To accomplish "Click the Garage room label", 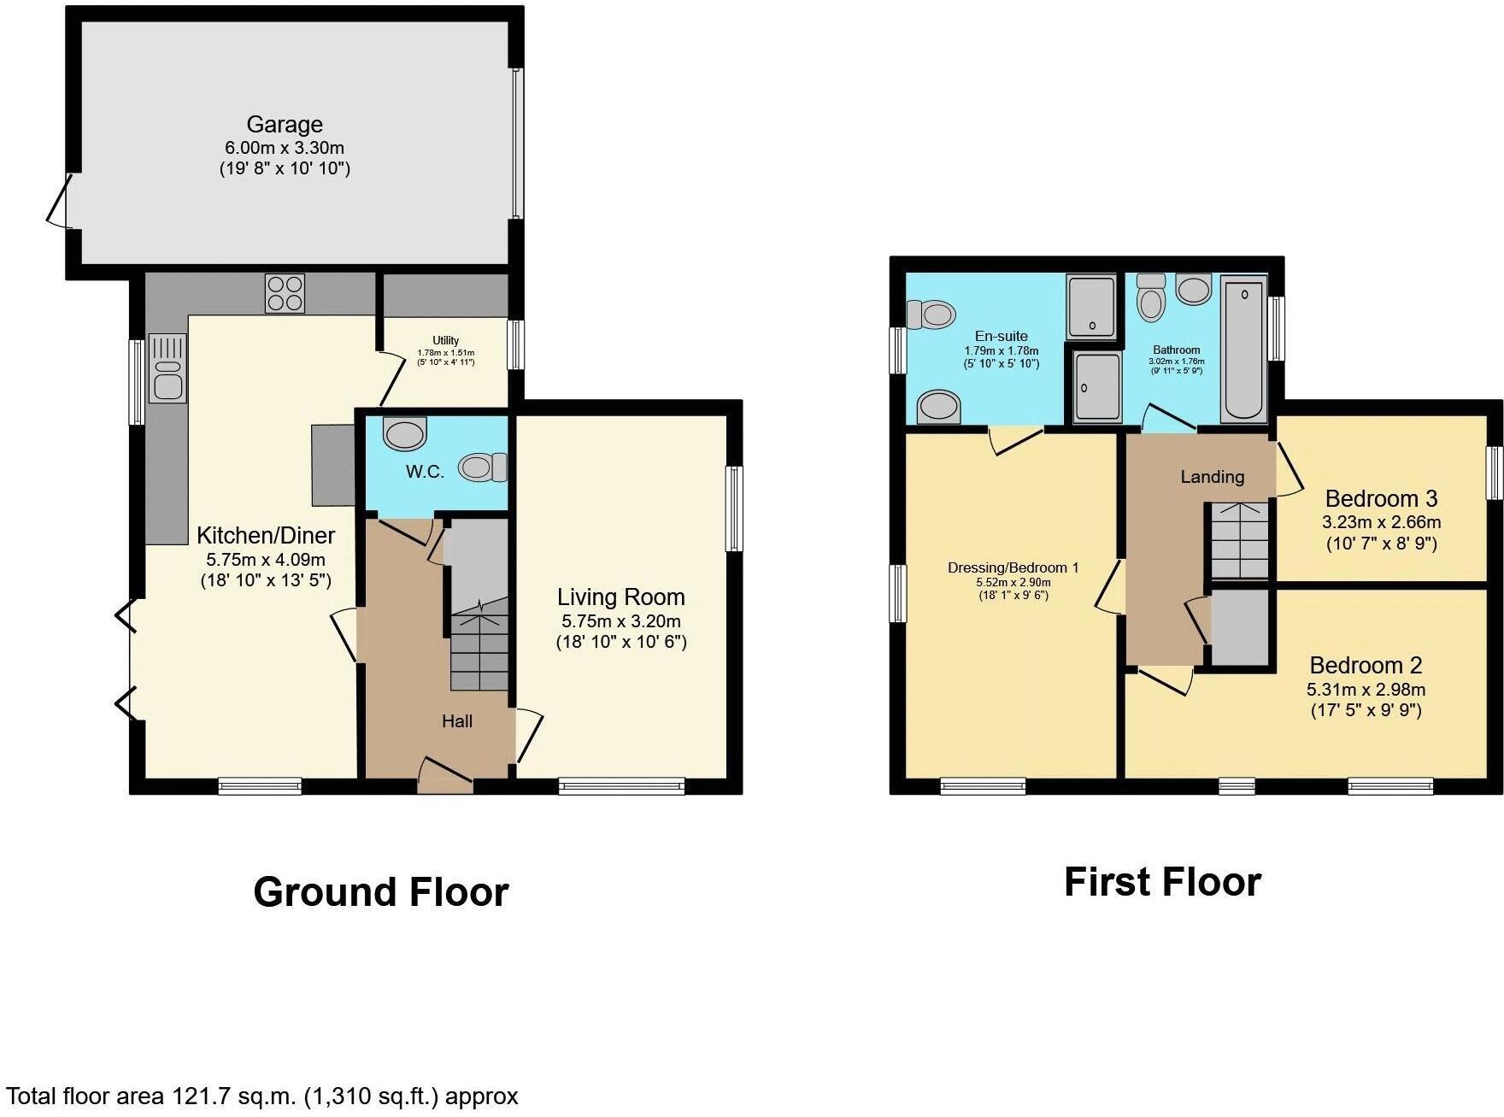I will click(x=285, y=125).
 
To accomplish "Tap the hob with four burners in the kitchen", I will click(x=285, y=293).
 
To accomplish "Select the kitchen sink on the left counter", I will click(x=167, y=368).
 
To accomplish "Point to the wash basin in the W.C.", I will click(x=404, y=433).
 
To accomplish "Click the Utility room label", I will click(x=445, y=340).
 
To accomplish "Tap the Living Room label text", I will click(x=621, y=597).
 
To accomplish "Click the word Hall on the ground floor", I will click(x=457, y=721).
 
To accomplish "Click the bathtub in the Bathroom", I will click(x=1243, y=350).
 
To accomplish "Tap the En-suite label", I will click(x=1001, y=336).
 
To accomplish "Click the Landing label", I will click(x=1212, y=477).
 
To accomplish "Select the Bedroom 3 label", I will click(x=1381, y=498).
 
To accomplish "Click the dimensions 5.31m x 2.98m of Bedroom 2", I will click(x=1366, y=689).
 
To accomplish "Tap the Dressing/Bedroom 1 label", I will click(x=1013, y=567).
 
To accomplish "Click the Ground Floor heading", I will click(x=381, y=892).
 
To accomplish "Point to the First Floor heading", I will click(x=1162, y=882).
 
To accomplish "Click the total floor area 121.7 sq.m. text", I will click(x=261, y=1096).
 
